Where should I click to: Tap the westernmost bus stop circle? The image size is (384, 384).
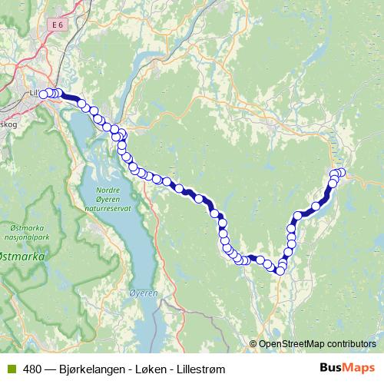(44, 94)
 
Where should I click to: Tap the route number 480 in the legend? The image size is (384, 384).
(31, 369)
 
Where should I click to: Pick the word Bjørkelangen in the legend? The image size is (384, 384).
(91, 369)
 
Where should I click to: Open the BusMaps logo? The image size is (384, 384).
(346, 368)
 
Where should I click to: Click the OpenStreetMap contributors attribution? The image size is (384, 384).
(318, 343)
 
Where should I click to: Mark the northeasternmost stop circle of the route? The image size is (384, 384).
(342, 172)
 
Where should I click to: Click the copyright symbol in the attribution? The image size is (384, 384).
(253, 343)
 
